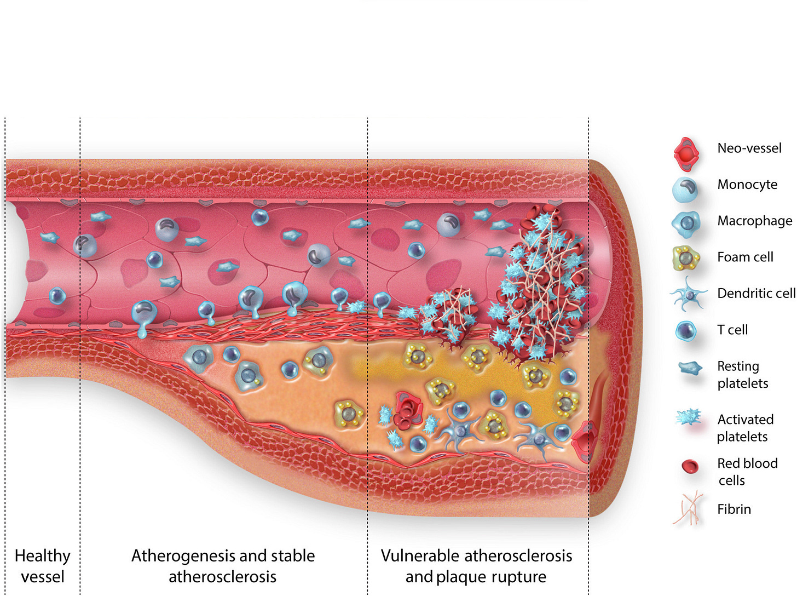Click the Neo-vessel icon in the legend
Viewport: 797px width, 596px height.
point(686,154)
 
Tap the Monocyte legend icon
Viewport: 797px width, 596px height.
point(685,189)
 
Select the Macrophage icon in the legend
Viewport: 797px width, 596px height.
point(686,224)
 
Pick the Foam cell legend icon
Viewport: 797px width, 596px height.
point(686,257)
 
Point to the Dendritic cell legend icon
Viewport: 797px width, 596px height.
point(689,294)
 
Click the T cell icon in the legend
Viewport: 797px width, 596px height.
point(686,330)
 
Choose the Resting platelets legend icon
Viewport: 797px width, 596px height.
point(690,368)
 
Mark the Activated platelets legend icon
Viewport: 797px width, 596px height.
point(688,418)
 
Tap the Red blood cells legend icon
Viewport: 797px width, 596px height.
point(690,466)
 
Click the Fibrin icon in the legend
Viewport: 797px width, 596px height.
point(688,508)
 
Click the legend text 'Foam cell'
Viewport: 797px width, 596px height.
point(745,257)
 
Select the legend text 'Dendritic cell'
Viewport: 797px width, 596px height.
point(756,293)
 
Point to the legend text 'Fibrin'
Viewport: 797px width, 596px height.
point(734,509)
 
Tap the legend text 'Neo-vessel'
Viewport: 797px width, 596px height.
point(749,148)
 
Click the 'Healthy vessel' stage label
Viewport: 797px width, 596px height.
point(42,566)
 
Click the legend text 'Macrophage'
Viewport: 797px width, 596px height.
point(754,221)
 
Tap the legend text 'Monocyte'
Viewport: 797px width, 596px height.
point(747,184)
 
